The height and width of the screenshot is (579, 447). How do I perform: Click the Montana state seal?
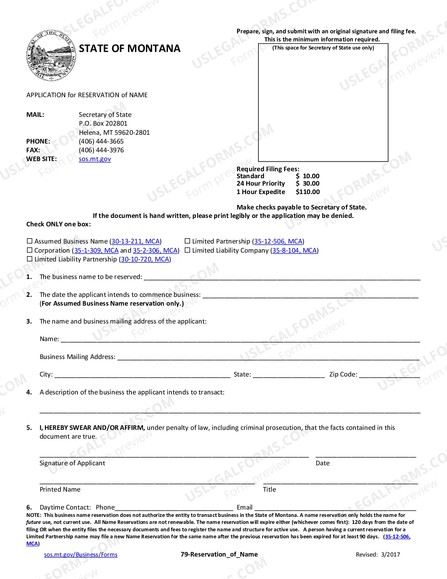pyautogui.click(x=51, y=55)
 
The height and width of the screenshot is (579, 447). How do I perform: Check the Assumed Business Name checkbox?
pyautogui.click(x=30, y=241)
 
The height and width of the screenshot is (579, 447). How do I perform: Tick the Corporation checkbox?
pyautogui.click(x=30, y=250)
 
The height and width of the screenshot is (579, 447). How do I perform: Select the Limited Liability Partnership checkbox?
pyautogui.click(x=30, y=259)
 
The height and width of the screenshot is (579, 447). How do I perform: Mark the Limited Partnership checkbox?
pyautogui.click(x=188, y=241)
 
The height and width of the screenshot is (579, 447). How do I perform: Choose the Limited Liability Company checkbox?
pyautogui.click(x=188, y=250)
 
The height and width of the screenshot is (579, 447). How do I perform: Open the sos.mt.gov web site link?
pyautogui.click(x=95, y=159)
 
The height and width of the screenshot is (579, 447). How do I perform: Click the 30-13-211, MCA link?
pyautogui.click(x=136, y=241)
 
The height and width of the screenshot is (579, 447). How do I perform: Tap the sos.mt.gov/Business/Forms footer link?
pyautogui.click(x=81, y=554)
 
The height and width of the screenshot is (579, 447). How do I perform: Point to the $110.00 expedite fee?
pyautogui.click(x=307, y=192)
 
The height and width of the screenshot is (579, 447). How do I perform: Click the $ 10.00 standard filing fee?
pyautogui.click(x=307, y=176)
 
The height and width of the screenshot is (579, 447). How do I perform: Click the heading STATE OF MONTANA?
pyautogui.click(x=129, y=48)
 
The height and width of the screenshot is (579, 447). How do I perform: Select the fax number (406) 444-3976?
pyautogui.click(x=101, y=150)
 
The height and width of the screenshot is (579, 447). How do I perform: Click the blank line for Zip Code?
pyautogui.click(x=389, y=375)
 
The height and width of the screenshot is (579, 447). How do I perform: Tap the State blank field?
pyautogui.click(x=289, y=375)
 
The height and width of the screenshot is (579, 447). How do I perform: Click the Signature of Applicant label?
pyautogui.click(x=72, y=463)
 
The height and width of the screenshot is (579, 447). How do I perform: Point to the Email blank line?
pyautogui.click(x=335, y=508)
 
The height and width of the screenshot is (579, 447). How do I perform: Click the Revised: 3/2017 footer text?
pyautogui.click(x=378, y=554)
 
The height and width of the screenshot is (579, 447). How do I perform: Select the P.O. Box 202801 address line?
pyautogui.click(x=103, y=124)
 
